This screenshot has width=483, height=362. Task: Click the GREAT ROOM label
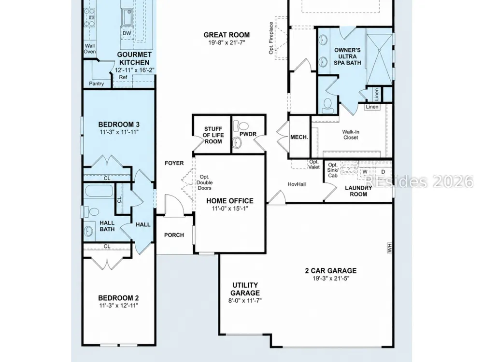click(x=227, y=35)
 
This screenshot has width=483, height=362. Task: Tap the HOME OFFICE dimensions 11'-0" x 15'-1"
click(x=230, y=209)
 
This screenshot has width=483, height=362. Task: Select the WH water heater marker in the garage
click(x=389, y=248)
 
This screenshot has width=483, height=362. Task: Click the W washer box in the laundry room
click(x=365, y=172)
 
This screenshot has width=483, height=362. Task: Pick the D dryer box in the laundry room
click(x=383, y=172)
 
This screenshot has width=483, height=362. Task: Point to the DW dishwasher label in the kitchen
click(x=127, y=33)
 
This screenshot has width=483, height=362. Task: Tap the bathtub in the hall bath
click(x=98, y=191)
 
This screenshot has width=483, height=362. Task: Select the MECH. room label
click(x=299, y=137)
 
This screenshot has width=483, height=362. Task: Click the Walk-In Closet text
click(x=351, y=135)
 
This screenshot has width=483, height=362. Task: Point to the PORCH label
click(x=174, y=235)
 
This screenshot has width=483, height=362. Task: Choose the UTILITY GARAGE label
click(x=245, y=289)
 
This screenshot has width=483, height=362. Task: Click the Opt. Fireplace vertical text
click(x=271, y=38)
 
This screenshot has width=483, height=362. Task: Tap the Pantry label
click(x=97, y=84)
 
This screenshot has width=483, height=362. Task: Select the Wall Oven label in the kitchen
click(x=90, y=49)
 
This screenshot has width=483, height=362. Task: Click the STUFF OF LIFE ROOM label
click(x=213, y=135)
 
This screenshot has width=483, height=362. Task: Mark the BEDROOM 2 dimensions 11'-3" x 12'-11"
click(x=119, y=306)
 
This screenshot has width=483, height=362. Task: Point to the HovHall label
click(x=297, y=184)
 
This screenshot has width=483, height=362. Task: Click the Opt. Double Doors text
click(x=204, y=182)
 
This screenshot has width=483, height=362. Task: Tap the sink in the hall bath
click(x=89, y=231)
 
